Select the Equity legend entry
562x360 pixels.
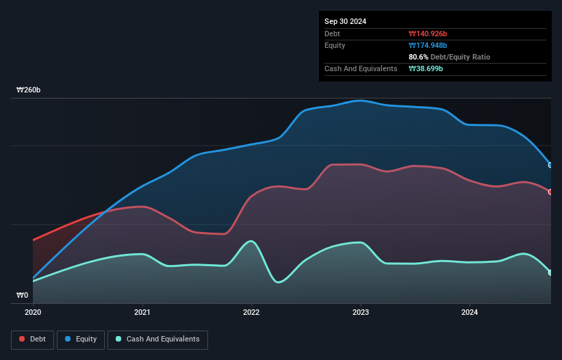81,339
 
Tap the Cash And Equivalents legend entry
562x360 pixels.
157,339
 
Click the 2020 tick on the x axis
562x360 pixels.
33,313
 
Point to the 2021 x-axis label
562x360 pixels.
142,313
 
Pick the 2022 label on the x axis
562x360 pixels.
251,313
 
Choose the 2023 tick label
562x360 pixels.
361,313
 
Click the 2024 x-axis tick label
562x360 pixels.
470,313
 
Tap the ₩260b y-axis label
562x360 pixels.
29,90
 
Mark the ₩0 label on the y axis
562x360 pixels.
23,296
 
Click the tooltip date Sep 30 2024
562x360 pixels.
345,21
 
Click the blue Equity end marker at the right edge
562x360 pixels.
550,165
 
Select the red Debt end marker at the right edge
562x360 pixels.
550,192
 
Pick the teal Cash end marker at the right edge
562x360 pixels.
550,272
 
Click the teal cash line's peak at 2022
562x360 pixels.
252,241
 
